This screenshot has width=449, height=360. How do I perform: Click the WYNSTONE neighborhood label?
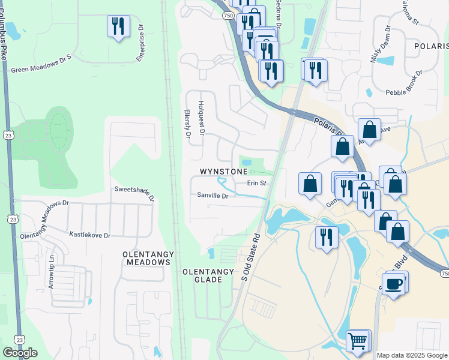point(223,172)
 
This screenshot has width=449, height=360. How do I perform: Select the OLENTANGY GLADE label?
point(208,275)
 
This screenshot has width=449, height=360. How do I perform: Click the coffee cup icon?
point(393,283)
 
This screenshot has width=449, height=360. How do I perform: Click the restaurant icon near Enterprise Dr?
point(118,26)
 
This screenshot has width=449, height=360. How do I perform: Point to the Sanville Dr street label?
point(213,196)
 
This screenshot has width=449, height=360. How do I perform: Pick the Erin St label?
point(256,183)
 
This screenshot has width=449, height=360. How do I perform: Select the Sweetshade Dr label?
point(134,193)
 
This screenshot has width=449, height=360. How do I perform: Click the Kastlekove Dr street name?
point(90,235)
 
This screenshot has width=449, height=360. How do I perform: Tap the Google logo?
point(20,353)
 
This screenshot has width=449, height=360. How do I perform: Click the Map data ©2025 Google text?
point(412,355)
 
